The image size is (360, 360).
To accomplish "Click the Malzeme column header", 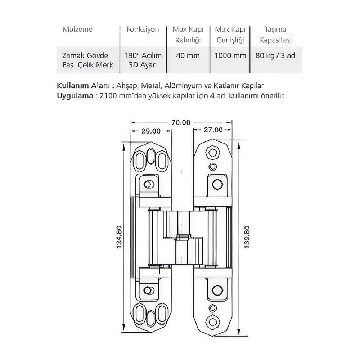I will pyautogui.click(x=77, y=29).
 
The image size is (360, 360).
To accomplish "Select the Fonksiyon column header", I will pyautogui.click(x=143, y=29).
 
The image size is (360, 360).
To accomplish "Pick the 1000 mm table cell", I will pyautogui.click(x=230, y=56).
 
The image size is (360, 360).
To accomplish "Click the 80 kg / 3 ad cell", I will pyautogui.click(x=276, y=56).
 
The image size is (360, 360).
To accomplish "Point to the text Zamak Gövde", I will pyautogui.click(x=85, y=56).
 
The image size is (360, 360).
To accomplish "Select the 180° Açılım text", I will pyautogui.click(x=143, y=56).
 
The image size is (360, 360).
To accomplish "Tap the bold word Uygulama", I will pyautogui.click(x=73, y=96).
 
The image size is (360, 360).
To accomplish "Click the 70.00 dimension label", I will pyautogui.click(x=181, y=122).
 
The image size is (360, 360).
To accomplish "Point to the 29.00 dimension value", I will pyautogui.click(x=150, y=131).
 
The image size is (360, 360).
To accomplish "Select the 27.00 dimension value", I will pyautogui.click(x=213, y=130).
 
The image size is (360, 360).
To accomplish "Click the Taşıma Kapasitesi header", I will pyautogui.click(x=275, y=34).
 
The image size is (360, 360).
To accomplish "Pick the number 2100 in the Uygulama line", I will pyautogui.click(x=109, y=96).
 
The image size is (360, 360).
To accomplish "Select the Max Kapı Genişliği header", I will pyautogui.click(x=230, y=34).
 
